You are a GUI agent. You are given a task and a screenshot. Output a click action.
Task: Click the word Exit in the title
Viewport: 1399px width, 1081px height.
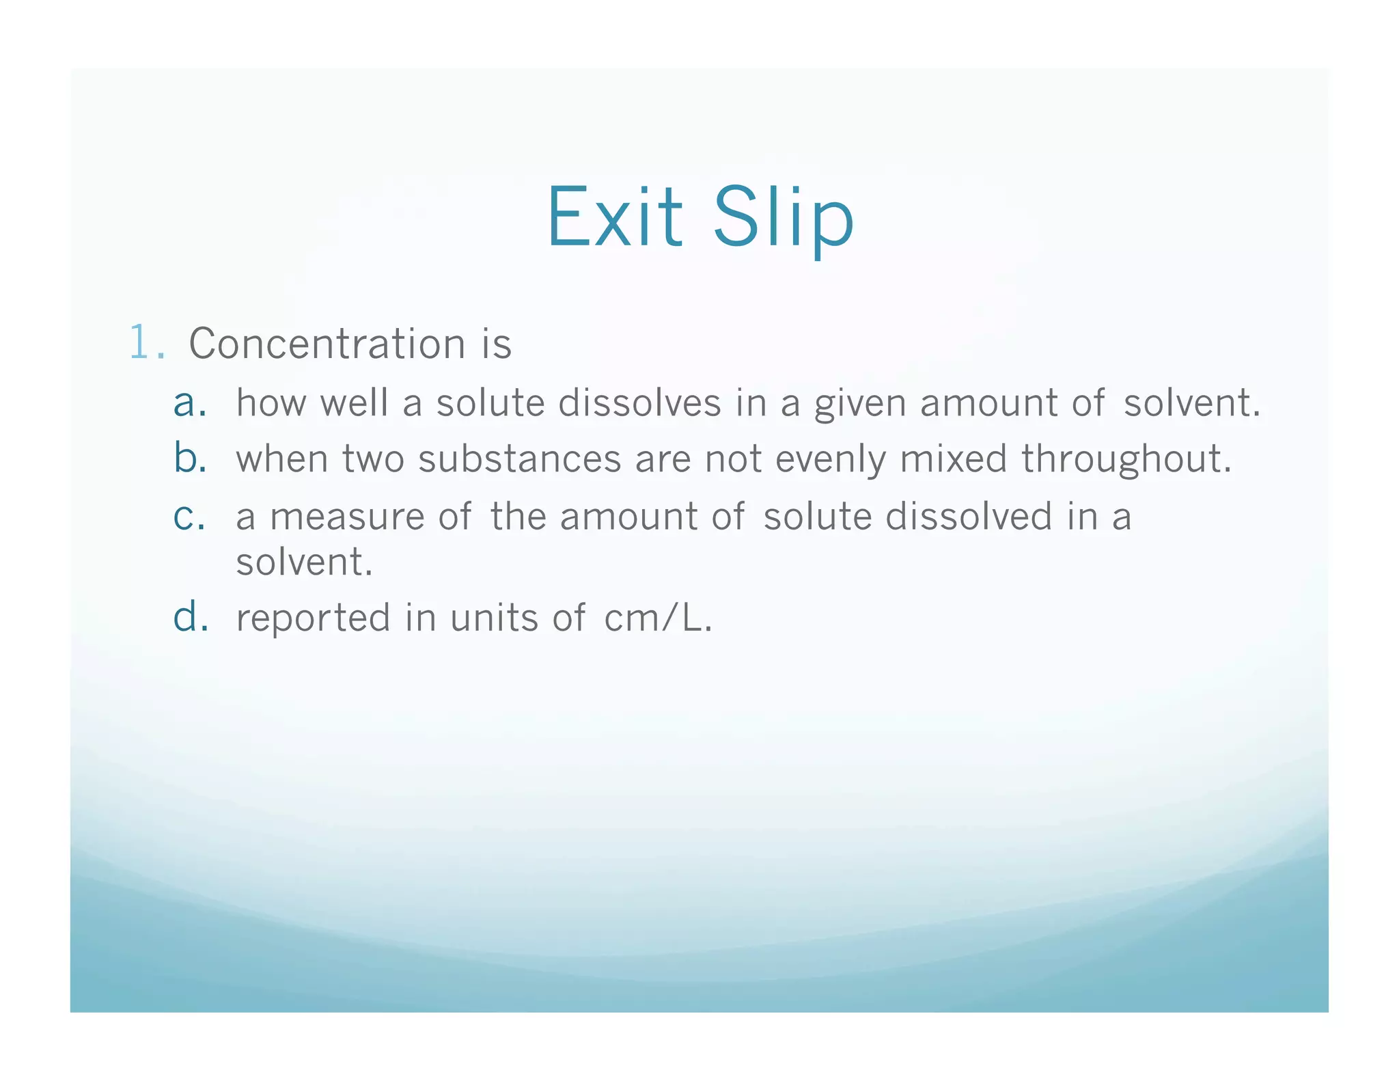pos(614,217)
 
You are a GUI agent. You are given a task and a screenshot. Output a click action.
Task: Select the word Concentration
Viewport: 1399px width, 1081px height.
pos(327,343)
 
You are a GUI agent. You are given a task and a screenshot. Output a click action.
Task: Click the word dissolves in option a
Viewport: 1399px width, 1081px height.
pos(639,402)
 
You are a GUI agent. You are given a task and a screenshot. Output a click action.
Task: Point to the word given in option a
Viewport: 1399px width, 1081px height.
pos(860,404)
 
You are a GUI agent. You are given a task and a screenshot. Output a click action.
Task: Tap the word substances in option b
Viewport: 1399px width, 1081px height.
pos(519,459)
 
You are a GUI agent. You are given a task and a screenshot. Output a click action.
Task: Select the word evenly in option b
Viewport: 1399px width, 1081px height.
pos(830,460)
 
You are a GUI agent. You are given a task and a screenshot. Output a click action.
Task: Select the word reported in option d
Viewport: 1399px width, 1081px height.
pos(313,618)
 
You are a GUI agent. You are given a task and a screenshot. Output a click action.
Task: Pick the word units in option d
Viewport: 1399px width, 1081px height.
pos(494,618)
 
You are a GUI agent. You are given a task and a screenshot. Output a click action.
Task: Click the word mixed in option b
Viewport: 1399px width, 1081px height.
pos(953,459)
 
